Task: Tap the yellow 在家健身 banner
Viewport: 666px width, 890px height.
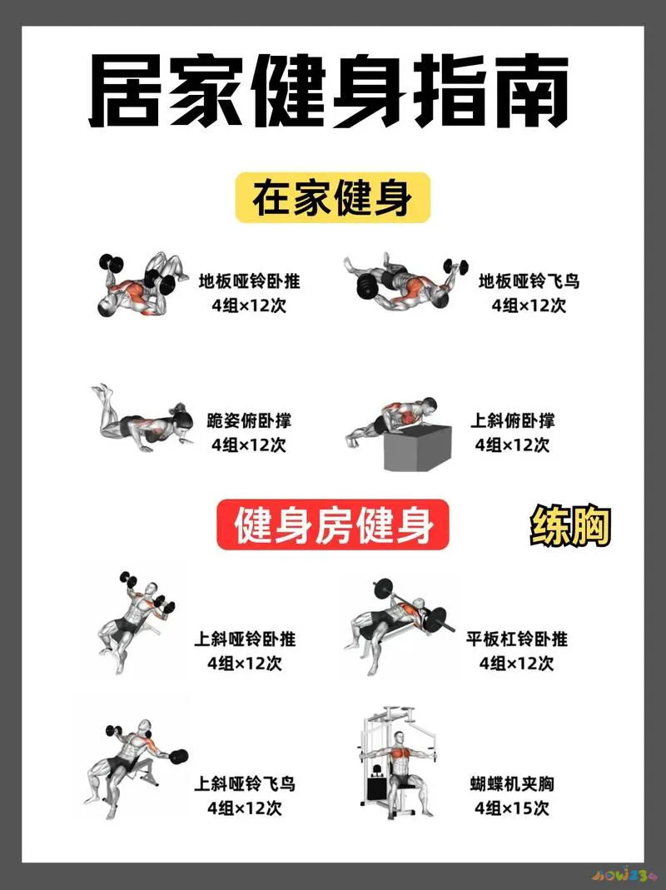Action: [x=332, y=198]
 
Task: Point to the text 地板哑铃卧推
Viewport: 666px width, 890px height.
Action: [x=249, y=281]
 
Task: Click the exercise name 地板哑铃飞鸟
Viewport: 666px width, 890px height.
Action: [x=529, y=281]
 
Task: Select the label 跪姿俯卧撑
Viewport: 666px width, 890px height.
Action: [x=249, y=420]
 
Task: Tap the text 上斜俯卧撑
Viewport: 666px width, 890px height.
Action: [x=513, y=420]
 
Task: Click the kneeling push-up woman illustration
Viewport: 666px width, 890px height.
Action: [x=142, y=420]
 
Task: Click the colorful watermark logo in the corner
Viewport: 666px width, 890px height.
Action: [x=624, y=876]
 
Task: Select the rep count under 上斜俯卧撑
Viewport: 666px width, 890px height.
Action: [x=513, y=445]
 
